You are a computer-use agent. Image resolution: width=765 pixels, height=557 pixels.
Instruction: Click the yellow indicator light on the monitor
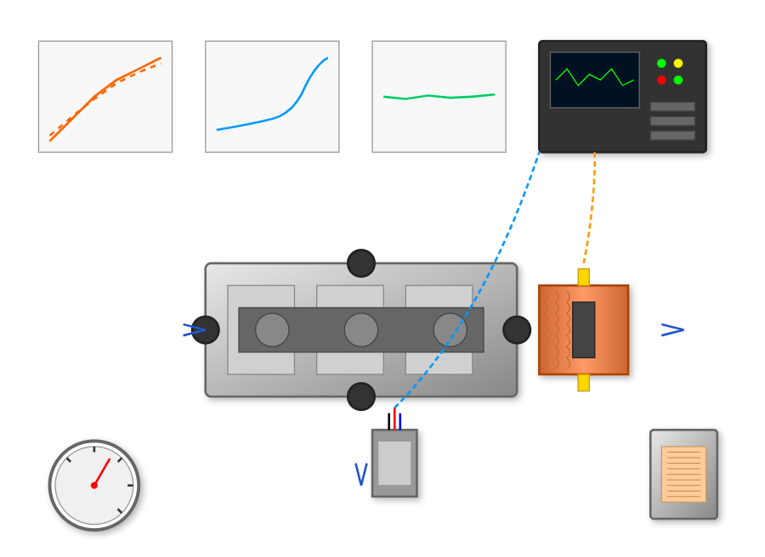coord(678,63)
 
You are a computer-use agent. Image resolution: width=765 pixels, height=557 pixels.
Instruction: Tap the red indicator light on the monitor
coord(661,80)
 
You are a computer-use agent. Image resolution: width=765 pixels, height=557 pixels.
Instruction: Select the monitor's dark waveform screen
coord(594,80)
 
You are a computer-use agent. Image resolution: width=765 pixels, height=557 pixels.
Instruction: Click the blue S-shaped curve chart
coord(272,97)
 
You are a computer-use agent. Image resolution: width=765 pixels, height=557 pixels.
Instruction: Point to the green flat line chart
coord(439,97)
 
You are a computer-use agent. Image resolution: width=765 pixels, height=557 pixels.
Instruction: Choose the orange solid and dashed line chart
coord(105,97)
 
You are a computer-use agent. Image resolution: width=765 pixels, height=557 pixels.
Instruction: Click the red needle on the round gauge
coord(102,472)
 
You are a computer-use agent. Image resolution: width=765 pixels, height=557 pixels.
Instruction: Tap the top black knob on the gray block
coord(361,263)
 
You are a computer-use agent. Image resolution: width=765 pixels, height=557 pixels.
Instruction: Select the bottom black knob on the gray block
coord(361,397)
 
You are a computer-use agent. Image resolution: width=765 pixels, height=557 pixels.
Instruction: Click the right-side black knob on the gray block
coord(517,329)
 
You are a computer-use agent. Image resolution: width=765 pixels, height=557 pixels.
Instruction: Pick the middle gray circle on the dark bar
coord(361,329)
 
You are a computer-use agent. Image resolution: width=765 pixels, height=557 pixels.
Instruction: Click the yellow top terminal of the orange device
coord(583,277)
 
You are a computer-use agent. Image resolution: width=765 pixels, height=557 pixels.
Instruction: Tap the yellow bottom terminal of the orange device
coord(583,382)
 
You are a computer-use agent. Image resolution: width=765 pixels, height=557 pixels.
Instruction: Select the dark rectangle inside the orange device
coord(583,329)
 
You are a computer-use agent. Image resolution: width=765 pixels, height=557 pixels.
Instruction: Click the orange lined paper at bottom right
coord(683,474)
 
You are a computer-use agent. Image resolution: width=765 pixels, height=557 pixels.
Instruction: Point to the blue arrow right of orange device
coord(672,329)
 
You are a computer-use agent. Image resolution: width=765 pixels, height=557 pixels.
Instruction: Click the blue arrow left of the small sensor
coord(361,474)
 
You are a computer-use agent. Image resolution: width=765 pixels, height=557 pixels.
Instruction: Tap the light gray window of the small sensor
coord(394,463)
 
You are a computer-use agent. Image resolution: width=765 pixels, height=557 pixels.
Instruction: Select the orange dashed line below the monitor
coord(590,208)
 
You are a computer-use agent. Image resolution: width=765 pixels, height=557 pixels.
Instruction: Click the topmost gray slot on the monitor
coord(672,107)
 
